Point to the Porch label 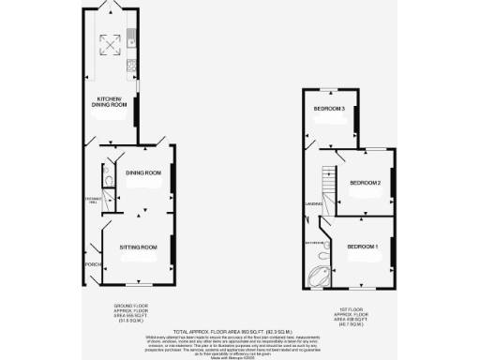pyautogui.click(x=92, y=265)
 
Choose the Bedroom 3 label pyautogui.click(x=330, y=110)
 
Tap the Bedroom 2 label pyautogui.click(x=364, y=182)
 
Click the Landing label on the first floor pyautogui.click(x=313, y=203)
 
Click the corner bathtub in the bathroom pyautogui.click(x=319, y=276)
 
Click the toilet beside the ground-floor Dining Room pyautogui.click(x=110, y=181)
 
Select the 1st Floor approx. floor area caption pyautogui.click(x=352, y=316)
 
